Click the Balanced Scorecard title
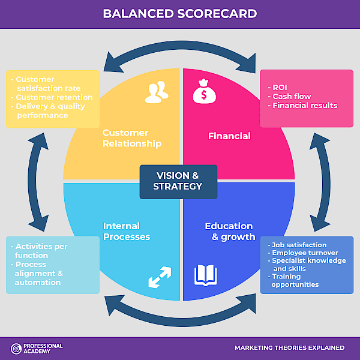click(180, 14)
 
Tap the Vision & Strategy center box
click(178, 182)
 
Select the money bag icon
click(204, 91)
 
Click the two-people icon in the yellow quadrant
click(157, 92)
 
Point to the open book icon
click(205, 275)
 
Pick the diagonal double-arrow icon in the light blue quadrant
click(160, 277)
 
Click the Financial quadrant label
click(229, 136)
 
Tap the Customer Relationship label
click(132, 138)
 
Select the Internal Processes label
click(127, 232)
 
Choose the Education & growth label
click(230, 232)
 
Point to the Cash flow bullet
click(289, 96)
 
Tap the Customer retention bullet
click(52, 97)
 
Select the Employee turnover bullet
click(303, 253)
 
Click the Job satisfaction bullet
click(297, 245)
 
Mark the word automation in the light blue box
click(38, 283)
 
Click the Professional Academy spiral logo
click(16, 349)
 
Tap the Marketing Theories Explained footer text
click(290, 348)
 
